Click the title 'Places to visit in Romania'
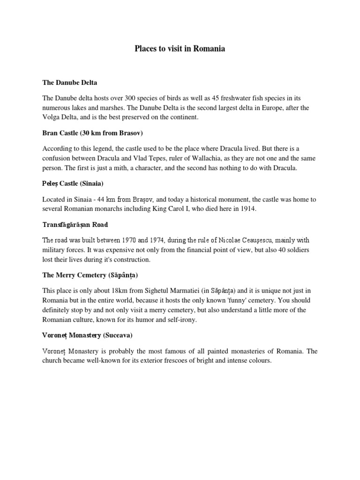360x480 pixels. (x=180, y=49)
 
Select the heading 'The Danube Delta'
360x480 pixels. (x=70, y=83)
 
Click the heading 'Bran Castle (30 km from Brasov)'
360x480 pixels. (x=92, y=133)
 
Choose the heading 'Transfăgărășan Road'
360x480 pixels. (x=75, y=225)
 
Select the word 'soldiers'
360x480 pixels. (x=298, y=250)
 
